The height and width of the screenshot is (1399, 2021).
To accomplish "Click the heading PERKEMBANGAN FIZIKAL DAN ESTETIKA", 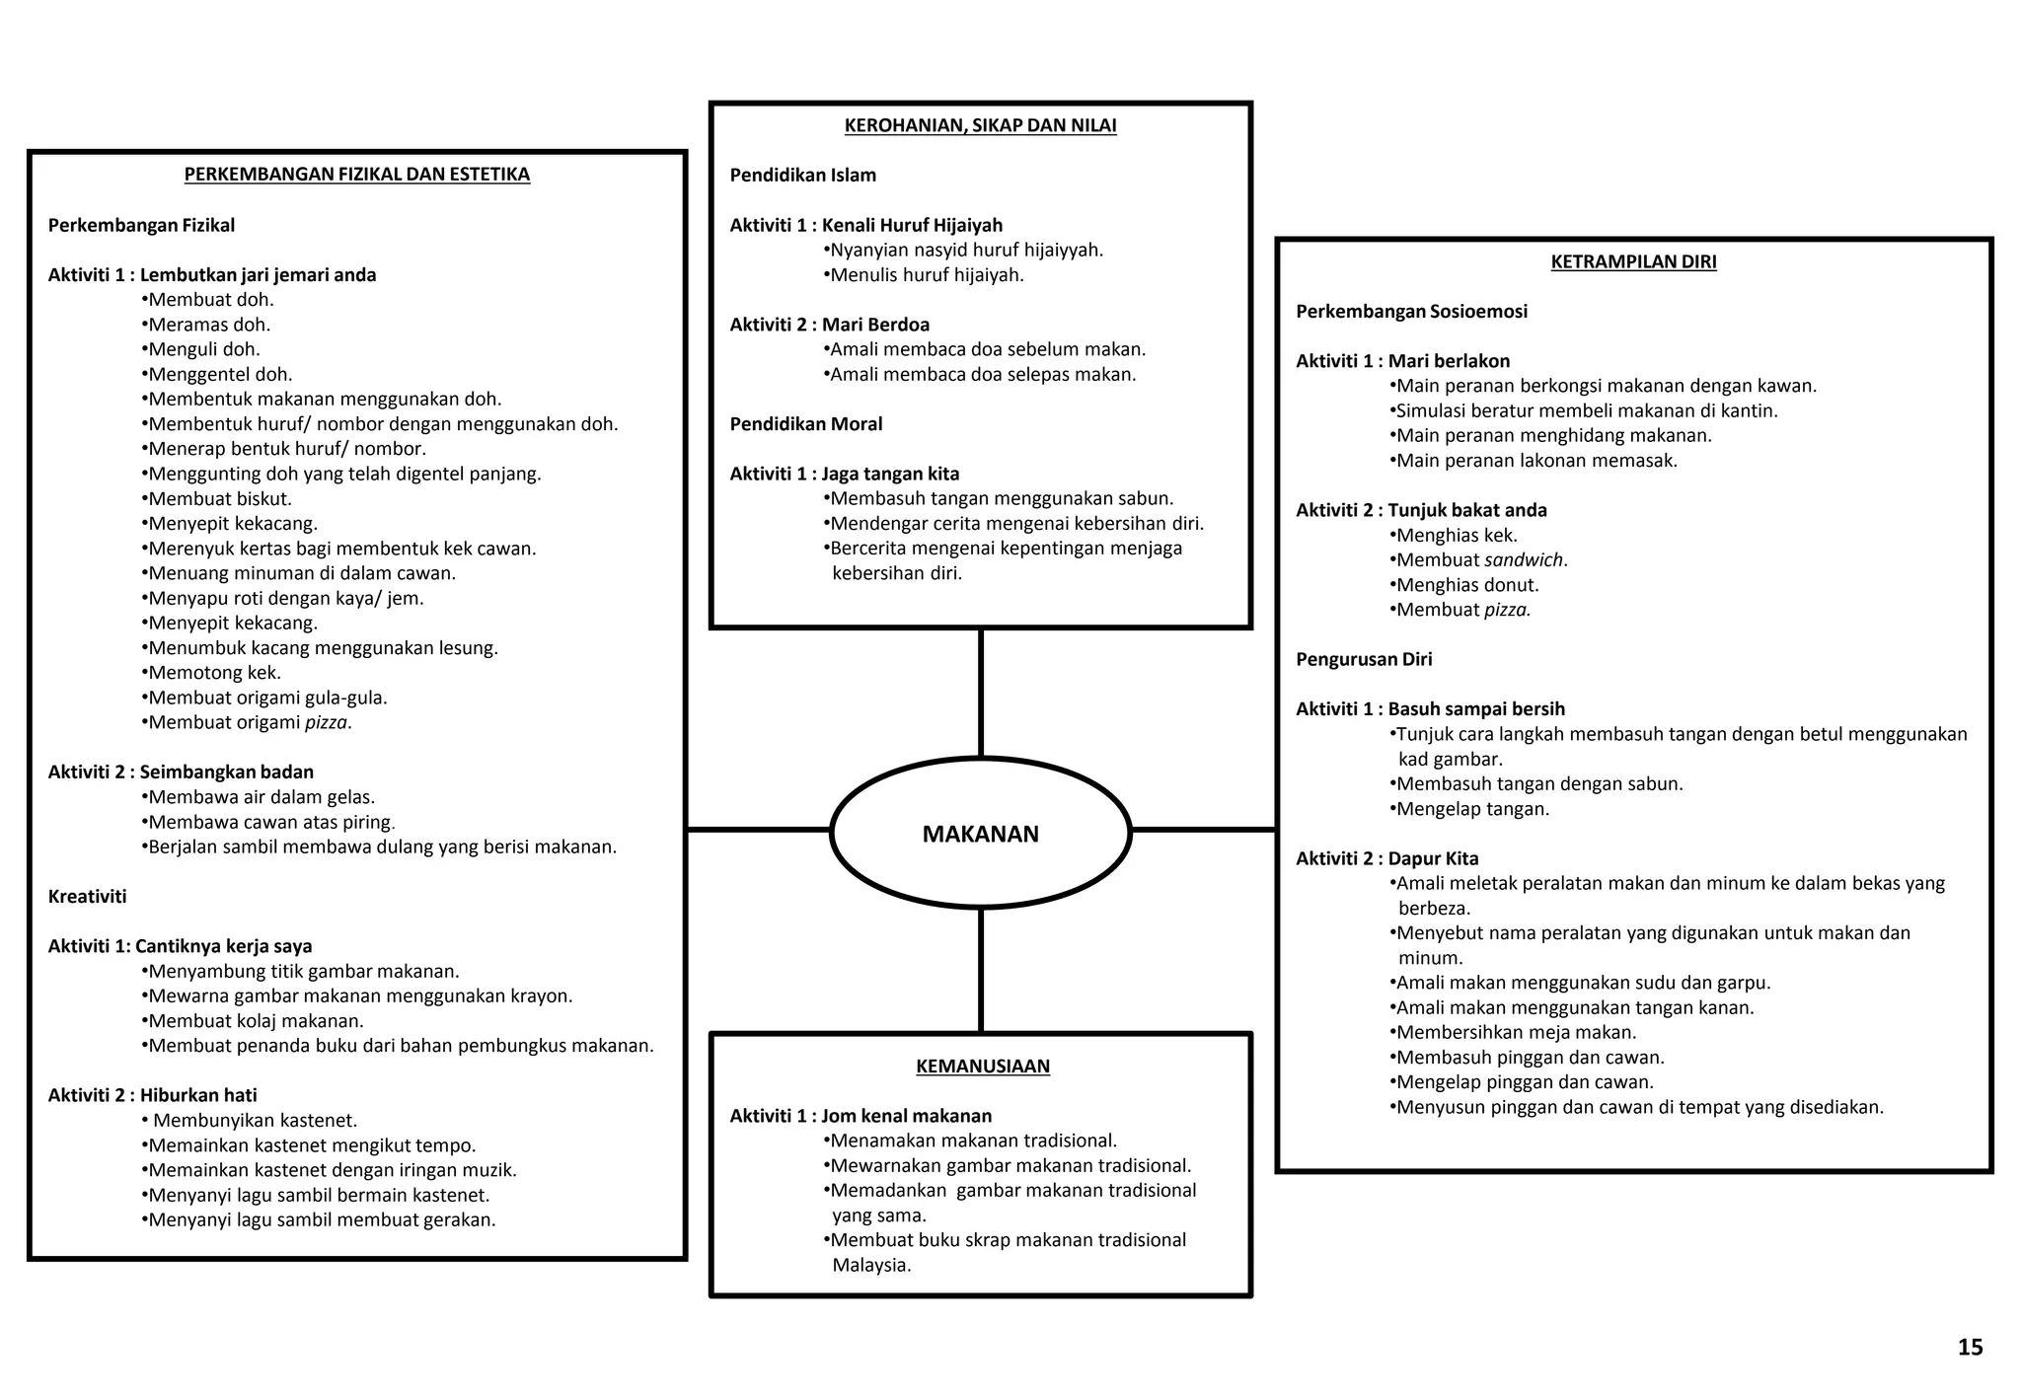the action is coord(357,175).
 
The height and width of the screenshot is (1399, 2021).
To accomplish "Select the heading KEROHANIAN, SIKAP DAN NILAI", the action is coord(980,125).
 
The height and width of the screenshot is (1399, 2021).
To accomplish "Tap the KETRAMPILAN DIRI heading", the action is coord(1633,261).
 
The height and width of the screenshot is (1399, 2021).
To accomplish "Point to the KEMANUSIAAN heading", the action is coord(982,1067).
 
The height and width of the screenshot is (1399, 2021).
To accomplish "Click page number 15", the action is coord(1970,1348).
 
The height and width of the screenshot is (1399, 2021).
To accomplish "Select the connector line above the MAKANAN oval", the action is coord(980,693).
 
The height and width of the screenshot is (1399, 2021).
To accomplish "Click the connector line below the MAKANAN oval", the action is coord(980,970).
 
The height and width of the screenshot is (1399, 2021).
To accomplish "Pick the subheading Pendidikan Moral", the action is coord(806,424).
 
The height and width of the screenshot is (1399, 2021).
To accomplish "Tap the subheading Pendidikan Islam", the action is coord(802,176).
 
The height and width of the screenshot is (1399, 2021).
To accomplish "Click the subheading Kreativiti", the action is coord(87,897).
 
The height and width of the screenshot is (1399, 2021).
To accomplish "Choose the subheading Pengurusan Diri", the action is coord(1364,659).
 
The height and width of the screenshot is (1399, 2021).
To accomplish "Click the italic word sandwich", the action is coord(1524,559).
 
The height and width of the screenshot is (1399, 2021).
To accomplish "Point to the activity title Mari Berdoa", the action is coord(875,325).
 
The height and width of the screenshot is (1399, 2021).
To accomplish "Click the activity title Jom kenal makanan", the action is coord(906,1116).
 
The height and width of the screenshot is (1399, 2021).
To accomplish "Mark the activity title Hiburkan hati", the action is coord(198,1095).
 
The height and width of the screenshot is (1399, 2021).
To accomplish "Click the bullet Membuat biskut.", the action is coord(216,499).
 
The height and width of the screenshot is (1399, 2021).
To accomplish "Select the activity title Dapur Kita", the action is coord(1433,858).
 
